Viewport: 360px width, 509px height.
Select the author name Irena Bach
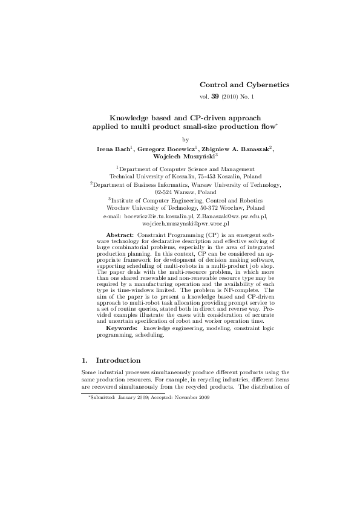114,148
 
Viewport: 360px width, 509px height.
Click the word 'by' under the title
186,138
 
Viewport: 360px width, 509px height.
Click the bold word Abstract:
120,234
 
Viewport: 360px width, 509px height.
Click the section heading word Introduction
118,360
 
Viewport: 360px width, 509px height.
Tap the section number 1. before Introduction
84,360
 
